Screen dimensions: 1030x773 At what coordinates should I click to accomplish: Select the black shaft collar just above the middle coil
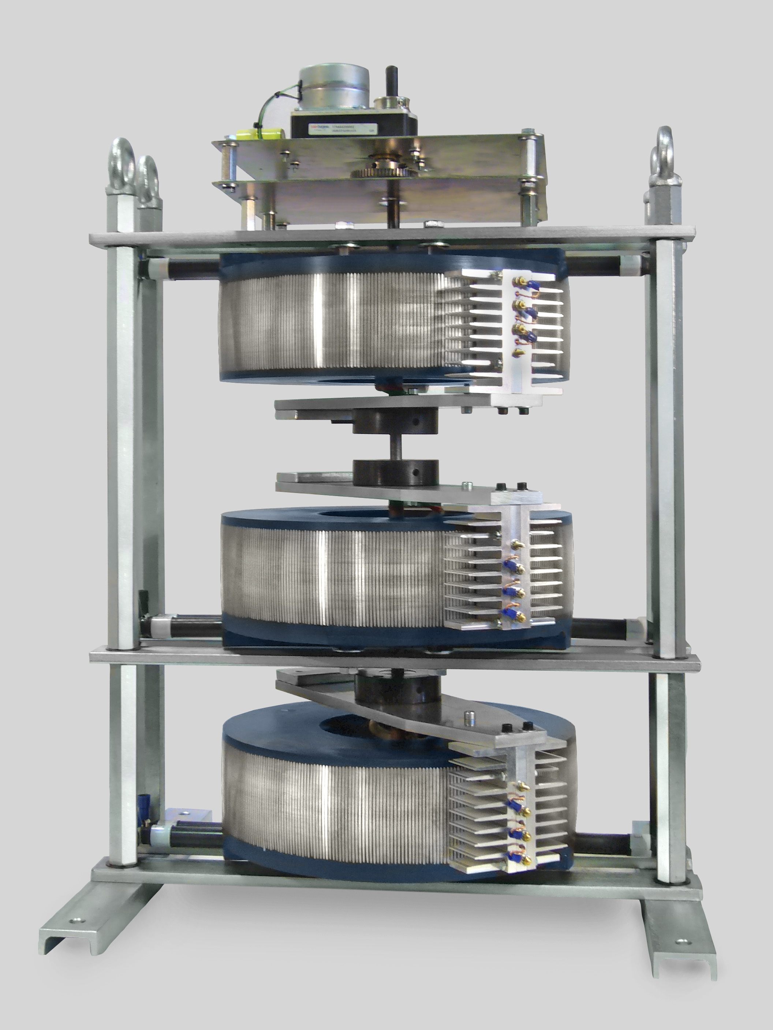[x=396, y=471]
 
